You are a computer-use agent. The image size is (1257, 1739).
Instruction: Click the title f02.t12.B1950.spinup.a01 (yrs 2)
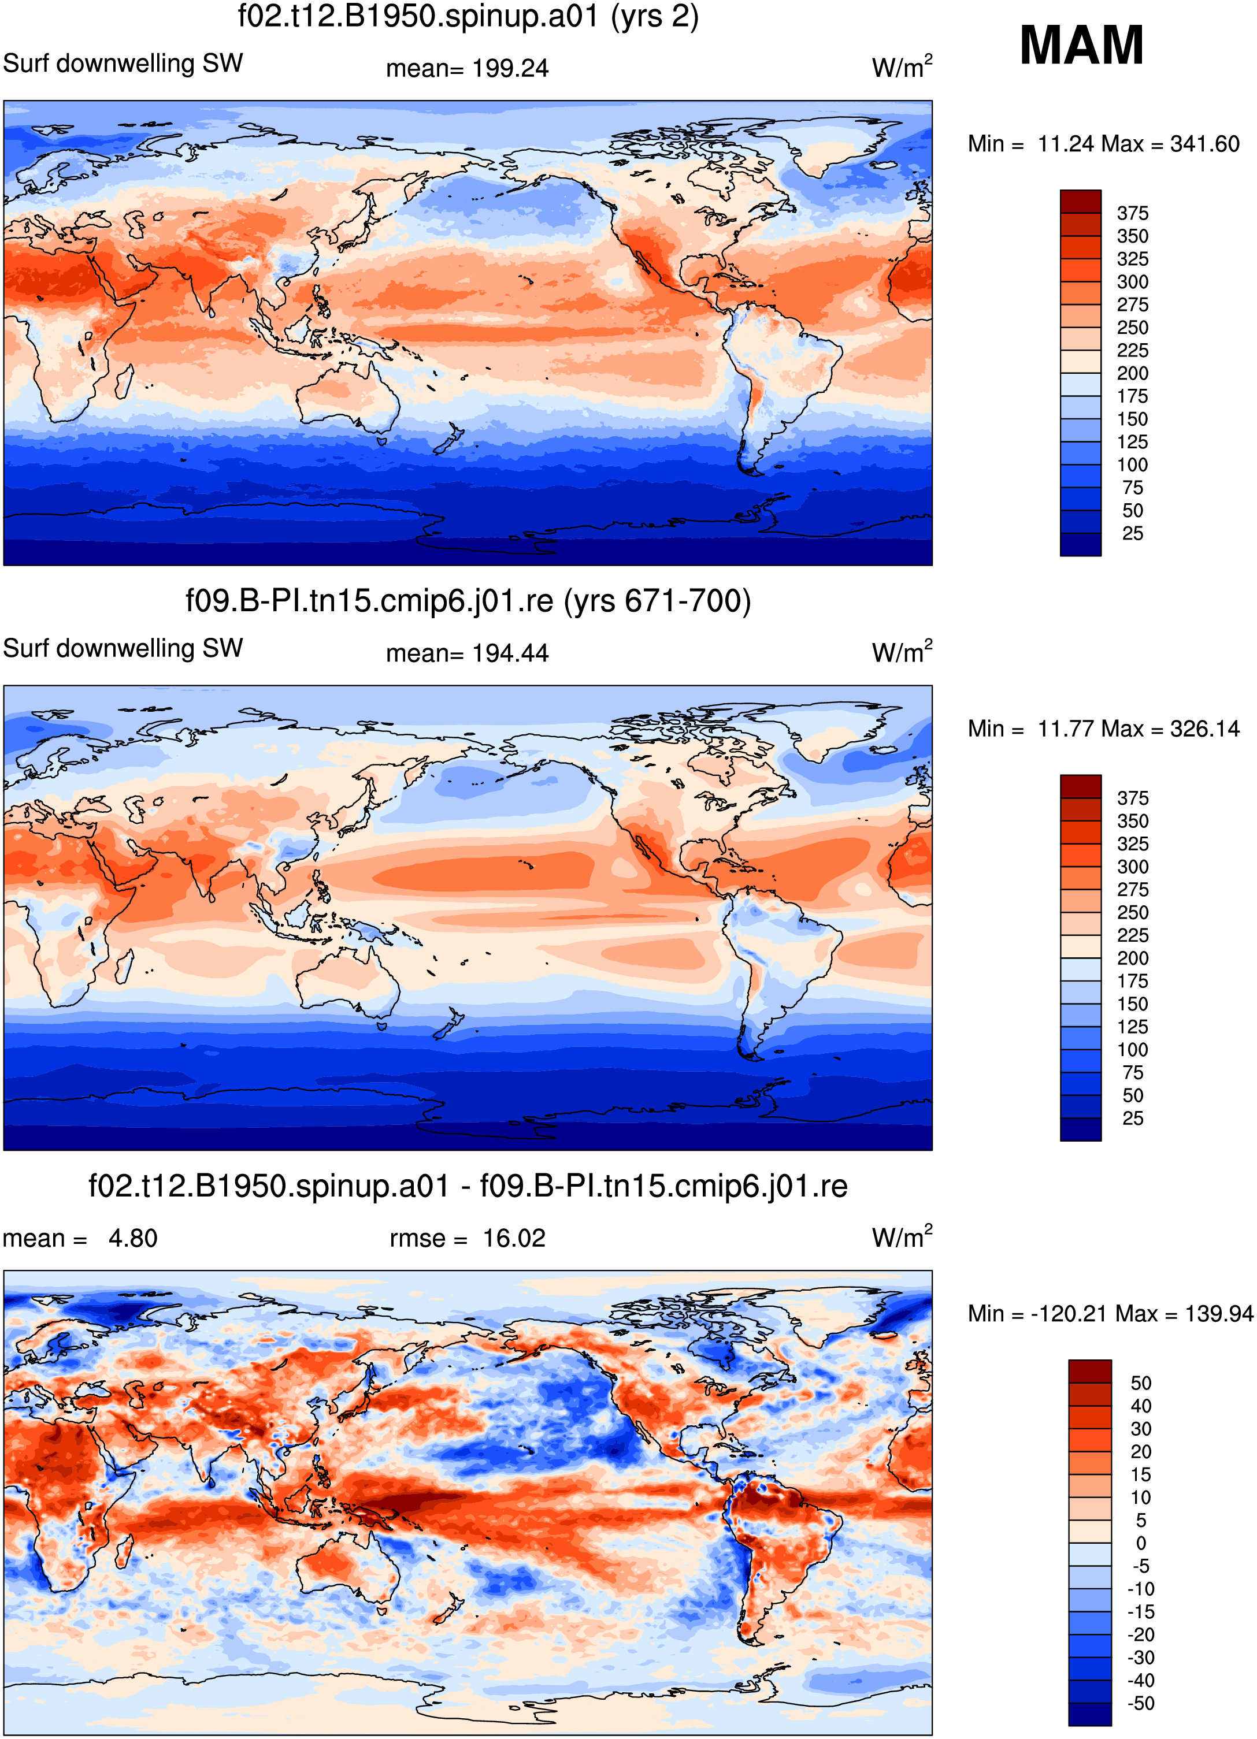coord(468,17)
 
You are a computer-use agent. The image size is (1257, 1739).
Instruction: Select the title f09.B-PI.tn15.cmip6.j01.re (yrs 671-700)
coord(468,601)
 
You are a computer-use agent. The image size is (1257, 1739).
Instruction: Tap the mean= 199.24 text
coord(467,68)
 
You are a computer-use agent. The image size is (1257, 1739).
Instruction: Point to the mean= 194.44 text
coord(467,653)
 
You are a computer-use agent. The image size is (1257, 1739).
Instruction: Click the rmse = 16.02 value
coord(467,1238)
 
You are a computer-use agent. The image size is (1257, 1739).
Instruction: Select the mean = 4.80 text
coord(80,1238)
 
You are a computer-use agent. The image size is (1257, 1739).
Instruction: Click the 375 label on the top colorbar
coord(1132,213)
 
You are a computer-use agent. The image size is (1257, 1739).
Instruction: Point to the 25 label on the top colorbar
coord(1132,534)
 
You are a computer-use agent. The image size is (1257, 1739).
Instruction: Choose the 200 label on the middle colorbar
coord(1132,958)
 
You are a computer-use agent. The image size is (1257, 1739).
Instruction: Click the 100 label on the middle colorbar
coord(1132,1050)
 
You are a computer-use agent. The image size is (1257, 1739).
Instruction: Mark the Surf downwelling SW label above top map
coord(123,63)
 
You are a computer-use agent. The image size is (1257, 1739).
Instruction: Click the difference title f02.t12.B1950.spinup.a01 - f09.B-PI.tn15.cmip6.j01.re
coord(468,1186)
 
